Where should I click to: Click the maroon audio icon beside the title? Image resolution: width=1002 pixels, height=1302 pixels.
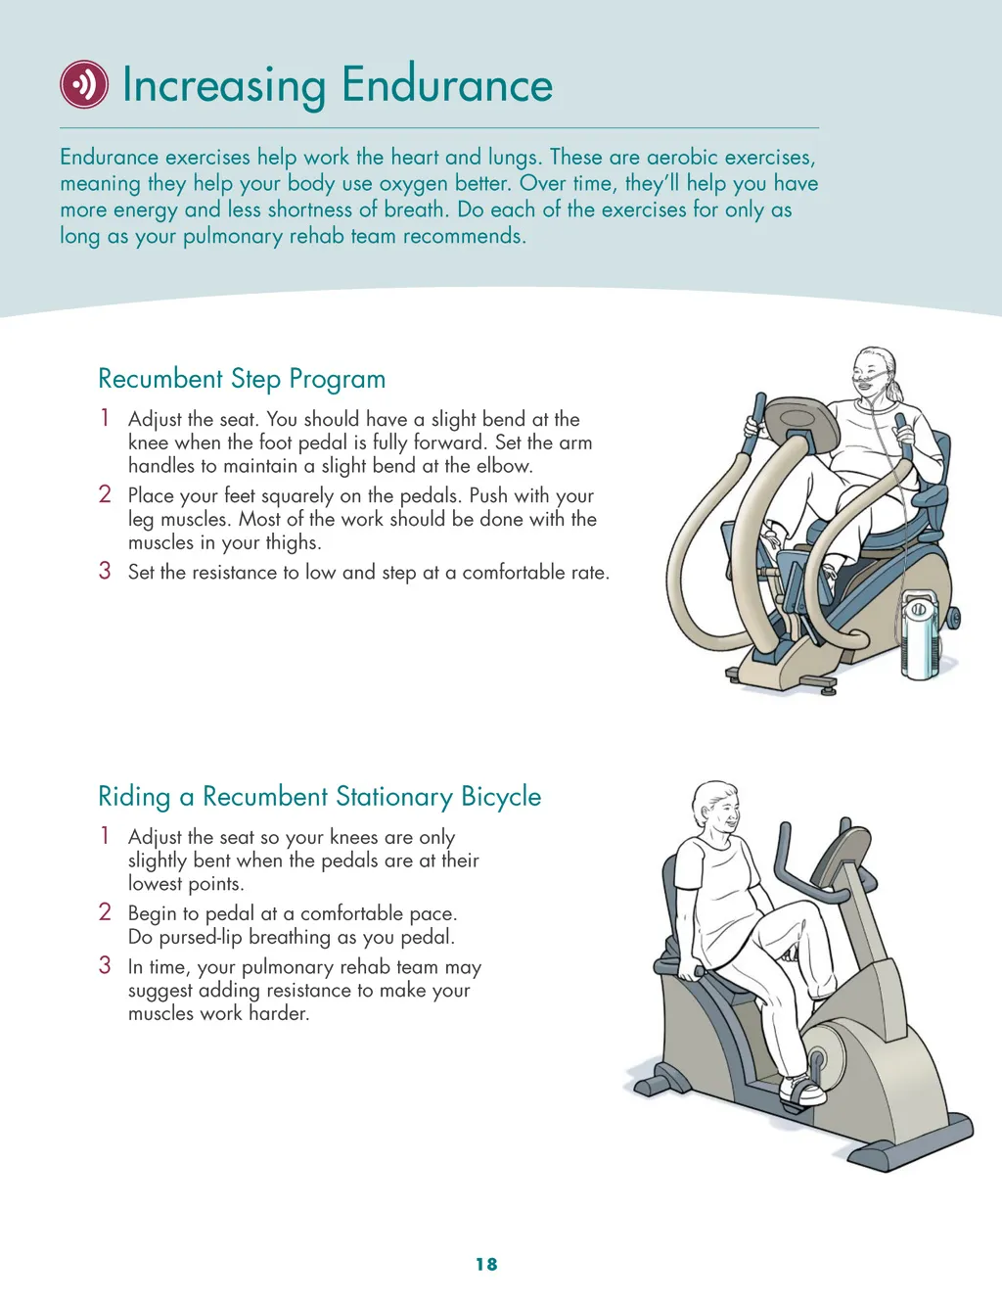pos(84,84)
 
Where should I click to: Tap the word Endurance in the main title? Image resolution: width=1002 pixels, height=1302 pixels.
pos(447,84)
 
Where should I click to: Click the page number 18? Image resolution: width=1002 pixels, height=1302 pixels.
pos(486,1264)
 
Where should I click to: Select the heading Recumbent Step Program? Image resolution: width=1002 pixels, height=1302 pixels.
pos(242,379)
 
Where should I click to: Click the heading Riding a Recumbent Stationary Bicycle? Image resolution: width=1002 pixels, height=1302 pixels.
pos(320,797)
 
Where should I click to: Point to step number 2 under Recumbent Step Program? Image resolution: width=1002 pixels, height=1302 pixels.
pos(105,494)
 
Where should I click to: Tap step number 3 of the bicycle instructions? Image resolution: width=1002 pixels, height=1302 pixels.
pos(105,965)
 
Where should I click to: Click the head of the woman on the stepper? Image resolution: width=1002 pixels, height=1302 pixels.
pos(875,374)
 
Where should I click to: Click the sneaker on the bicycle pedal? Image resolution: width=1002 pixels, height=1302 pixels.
pos(802,1092)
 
